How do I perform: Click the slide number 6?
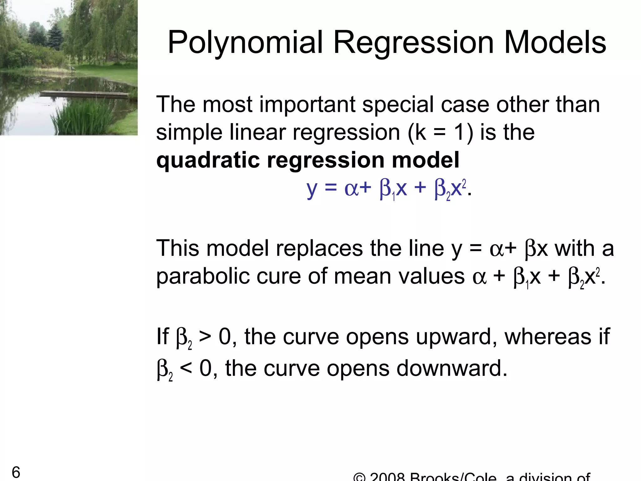tap(16, 472)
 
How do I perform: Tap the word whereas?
tap(548, 337)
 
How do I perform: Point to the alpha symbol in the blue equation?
tap(351, 189)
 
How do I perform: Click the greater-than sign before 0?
tap(205, 337)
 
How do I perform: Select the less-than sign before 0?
tap(186, 368)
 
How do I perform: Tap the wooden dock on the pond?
tap(85, 94)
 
